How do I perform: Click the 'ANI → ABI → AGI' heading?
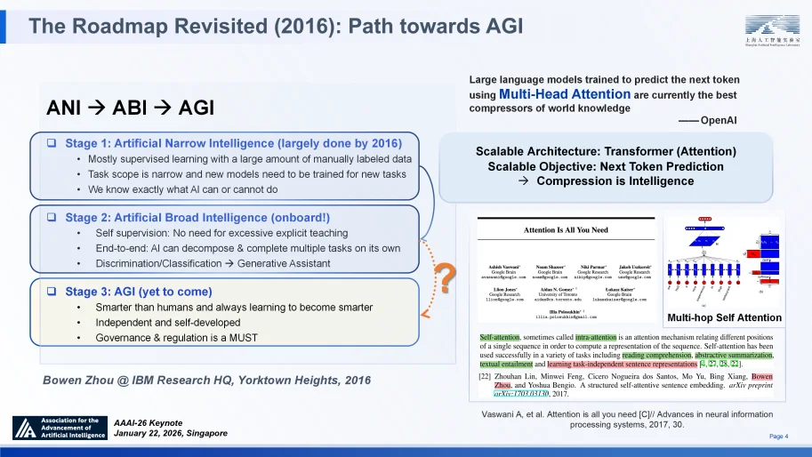coord(130,108)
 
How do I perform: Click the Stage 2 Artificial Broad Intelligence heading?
coord(197,217)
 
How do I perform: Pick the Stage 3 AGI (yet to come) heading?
coord(139,292)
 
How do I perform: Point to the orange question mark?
coord(438,281)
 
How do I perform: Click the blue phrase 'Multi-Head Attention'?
coord(566,93)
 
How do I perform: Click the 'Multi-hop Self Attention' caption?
coord(723,317)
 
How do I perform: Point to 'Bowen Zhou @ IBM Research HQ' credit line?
coord(207,380)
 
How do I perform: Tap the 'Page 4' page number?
coord(777,435)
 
